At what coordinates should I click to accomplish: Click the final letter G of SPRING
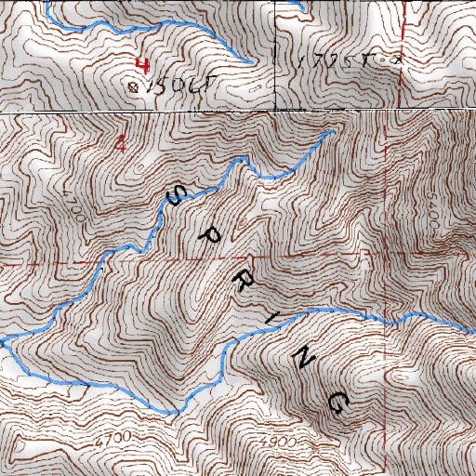[x=338, y=400]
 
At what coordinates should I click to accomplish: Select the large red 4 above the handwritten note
[x=142, y=65]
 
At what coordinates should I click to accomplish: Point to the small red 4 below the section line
[x=120, y=143]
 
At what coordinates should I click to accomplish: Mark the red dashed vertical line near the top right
[x=399, y=56]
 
